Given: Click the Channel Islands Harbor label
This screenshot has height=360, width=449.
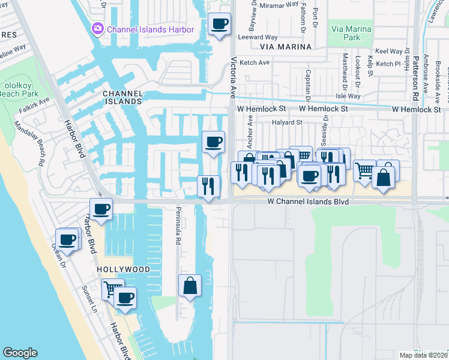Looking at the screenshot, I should click(x=150, y=29).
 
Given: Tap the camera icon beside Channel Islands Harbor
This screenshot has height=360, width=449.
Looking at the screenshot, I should click(x=97, y=28).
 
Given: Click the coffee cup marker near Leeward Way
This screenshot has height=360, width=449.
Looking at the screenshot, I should click(x=220, y=25).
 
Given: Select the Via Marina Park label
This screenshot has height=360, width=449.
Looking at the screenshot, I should click(x=352, y=32).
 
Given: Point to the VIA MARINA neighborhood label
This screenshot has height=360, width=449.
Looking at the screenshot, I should click(x=286, y=47).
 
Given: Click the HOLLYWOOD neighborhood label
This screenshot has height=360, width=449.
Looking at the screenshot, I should click(x=123, y=270).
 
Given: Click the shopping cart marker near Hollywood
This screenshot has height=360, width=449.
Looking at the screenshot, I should click(x=112, y=290).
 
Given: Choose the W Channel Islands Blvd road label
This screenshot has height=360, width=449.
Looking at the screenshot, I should click(x=308, y=203).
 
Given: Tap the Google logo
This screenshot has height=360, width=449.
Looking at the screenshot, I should click(x=20, y=353).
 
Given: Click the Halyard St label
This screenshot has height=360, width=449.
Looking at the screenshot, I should click(x=286, y=122).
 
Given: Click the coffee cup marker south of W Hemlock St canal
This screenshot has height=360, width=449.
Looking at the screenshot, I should click(x=214, y=143).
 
